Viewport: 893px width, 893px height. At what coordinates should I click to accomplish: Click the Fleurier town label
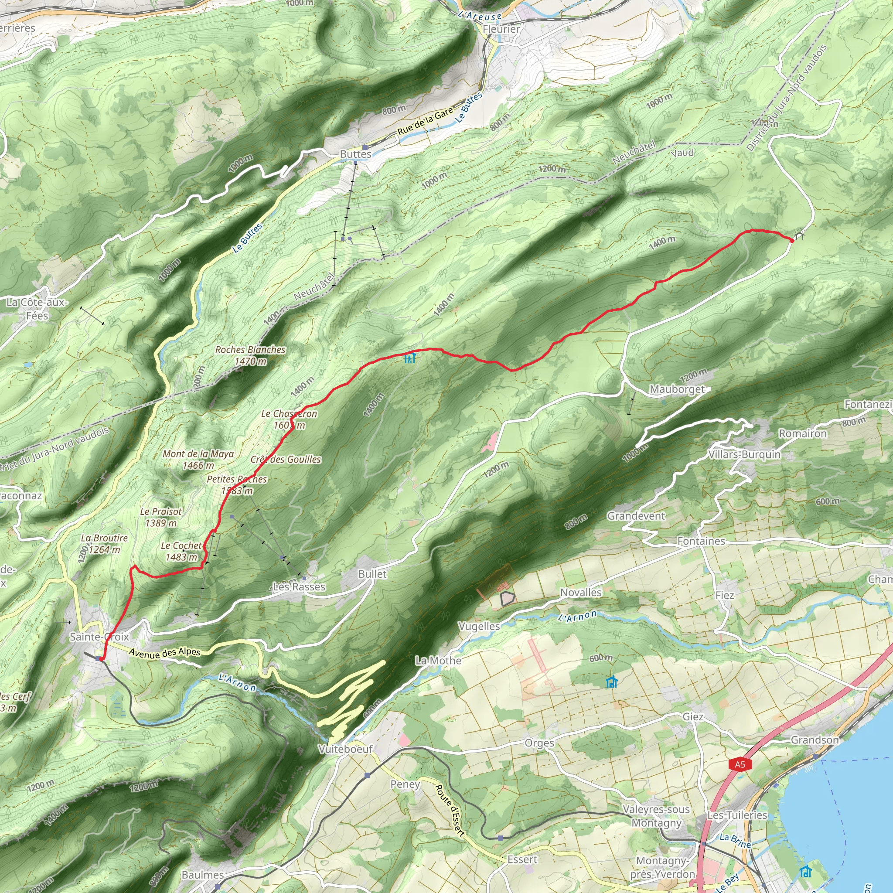point(501,29)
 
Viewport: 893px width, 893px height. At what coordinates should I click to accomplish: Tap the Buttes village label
point(355,154)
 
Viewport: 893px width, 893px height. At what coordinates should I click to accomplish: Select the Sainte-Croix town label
point(99,637)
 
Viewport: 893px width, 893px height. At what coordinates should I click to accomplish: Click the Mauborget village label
point(677,389)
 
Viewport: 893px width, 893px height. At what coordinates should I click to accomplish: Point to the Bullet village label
point(372,574)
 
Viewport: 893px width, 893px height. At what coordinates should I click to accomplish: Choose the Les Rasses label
point(299,586)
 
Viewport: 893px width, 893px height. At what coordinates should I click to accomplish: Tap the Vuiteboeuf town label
point(345,749)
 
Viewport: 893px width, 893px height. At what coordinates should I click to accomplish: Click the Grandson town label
point(815,740)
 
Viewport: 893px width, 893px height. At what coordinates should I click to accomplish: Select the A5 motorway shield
point(740,764)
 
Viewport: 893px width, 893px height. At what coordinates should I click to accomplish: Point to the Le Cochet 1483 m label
point(181,551)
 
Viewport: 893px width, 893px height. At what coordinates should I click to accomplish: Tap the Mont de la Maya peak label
point(198,460)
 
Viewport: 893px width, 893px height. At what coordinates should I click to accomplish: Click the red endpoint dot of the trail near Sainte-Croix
point(101,658)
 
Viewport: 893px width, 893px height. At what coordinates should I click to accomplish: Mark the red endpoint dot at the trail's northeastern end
point(792,240)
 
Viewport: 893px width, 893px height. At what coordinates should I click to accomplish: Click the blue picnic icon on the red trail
point(410,357)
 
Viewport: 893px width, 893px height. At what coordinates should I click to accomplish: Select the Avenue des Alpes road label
point(164,652)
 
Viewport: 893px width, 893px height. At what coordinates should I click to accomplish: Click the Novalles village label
point(580,592)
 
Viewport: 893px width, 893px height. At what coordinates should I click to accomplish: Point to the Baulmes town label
point(202,875)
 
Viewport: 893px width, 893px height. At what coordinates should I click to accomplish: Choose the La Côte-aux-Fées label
point(37,309)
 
